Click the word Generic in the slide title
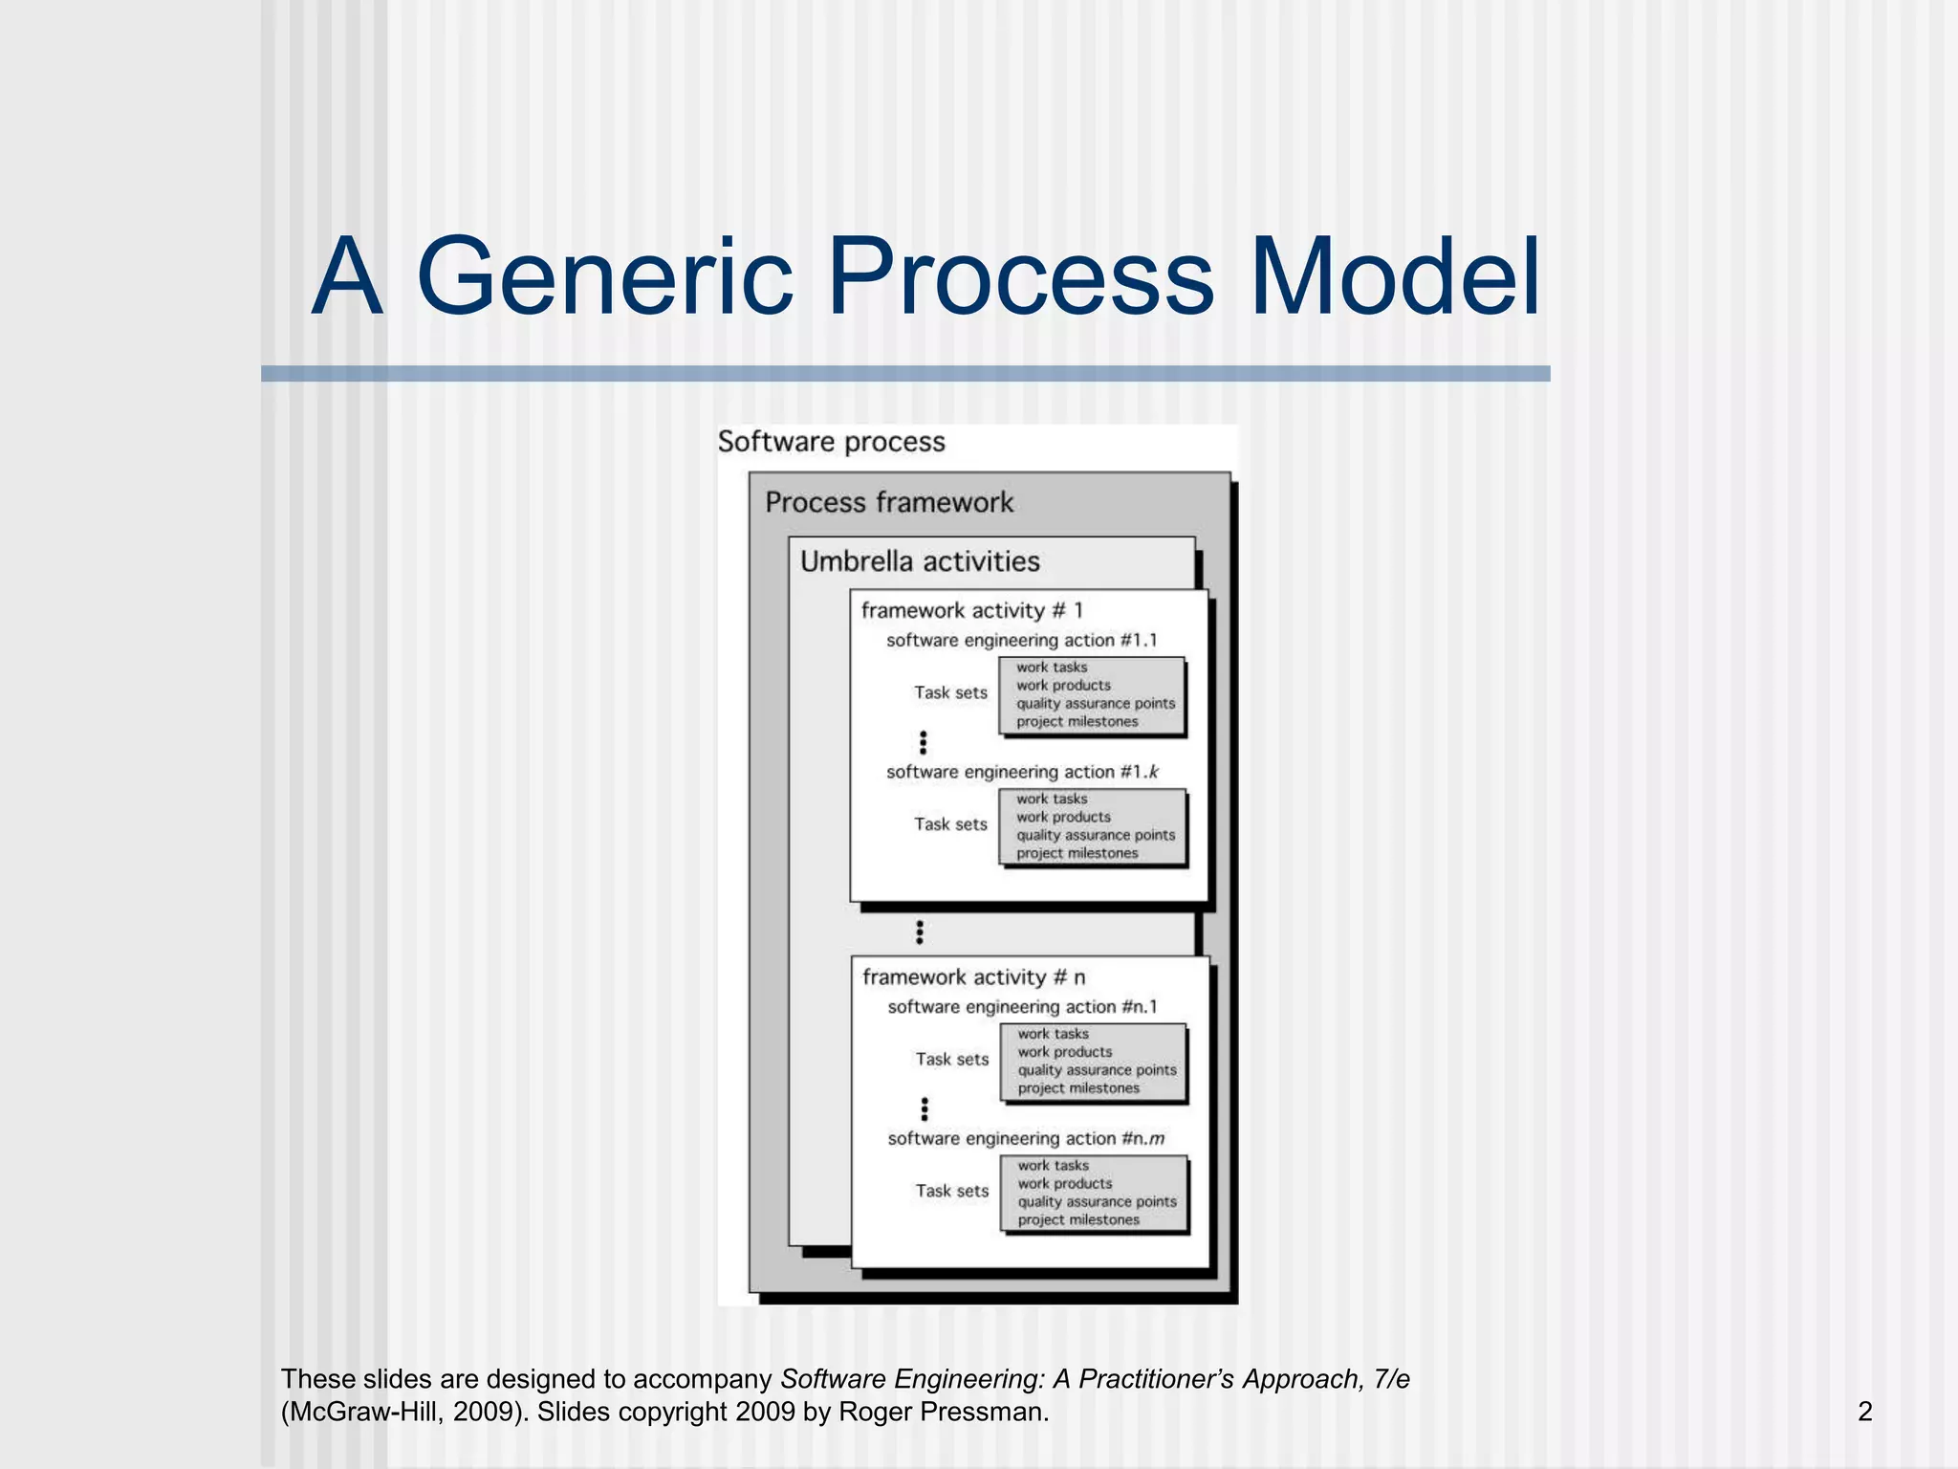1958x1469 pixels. [x=604, y=278]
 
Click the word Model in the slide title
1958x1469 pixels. [x=1395, y=278]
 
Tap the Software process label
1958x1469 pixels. [x=831, y=442]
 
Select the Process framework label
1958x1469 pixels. [x=889, y=503]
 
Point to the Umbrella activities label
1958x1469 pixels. [x=920, y=561]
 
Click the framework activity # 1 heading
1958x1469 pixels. [x=971, y=610]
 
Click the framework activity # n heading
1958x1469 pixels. [x=973, y=977]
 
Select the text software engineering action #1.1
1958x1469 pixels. [x=1021, y=641]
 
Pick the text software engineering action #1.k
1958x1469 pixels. [x=1021, y=772]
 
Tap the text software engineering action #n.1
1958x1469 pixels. [x=1022, y=1007]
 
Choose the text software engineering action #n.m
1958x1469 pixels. [x=1026, y=1139]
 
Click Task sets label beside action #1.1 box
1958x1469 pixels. [x=950, y=692]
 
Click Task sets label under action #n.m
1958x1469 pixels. [x=951, y=1191]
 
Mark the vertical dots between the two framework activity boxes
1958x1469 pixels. [x=920, y=932]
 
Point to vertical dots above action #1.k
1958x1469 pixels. [x=923, y=742]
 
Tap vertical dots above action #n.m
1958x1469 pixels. [x=925, y=1108]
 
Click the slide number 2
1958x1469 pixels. [x=1864, y=1412]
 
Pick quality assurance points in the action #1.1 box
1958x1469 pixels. [x=1095, y=704]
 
